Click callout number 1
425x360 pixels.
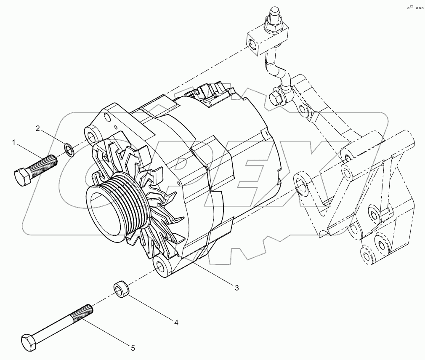tap(14, 143)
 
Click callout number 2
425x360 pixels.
tap(38, 129)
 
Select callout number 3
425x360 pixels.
tap(237, 288)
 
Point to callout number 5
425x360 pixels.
tap(133, 348)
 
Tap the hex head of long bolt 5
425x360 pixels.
tap(28, 341)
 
